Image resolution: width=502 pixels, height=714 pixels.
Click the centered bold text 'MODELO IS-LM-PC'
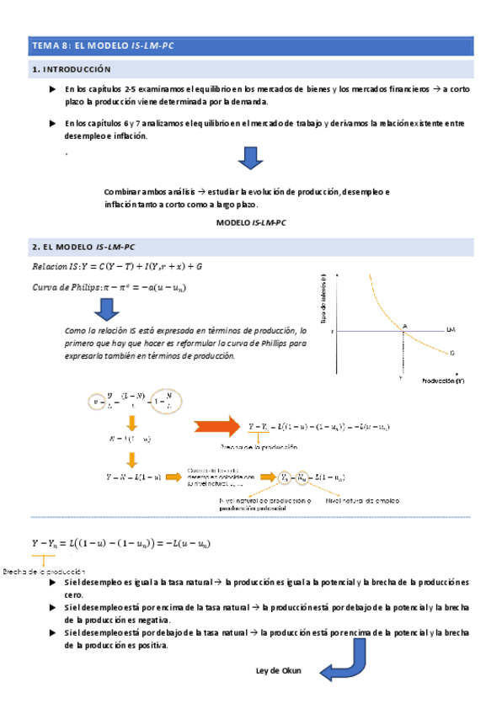pyautogui.click(x=251, y=222)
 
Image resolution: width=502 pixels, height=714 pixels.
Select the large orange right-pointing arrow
pyautogui.click(x=216, y=428)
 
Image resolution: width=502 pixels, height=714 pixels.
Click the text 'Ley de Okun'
pyautogui.click(x=279, y=671)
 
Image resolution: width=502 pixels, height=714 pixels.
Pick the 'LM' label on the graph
pyautogui.click(x=451, y=330)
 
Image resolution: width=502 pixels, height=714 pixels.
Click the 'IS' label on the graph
pyautogui.click(x=452, y=354)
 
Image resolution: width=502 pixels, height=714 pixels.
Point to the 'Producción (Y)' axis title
pyautogui.click(x=442, y=381)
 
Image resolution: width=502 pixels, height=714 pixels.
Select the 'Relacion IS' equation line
pyautogui.click(x=117, y=267)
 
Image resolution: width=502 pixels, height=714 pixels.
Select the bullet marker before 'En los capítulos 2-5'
pyautogui.click(x=54, y=88)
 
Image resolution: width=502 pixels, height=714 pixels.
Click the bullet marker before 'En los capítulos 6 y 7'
pyautogui.click(x=54, y=124)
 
